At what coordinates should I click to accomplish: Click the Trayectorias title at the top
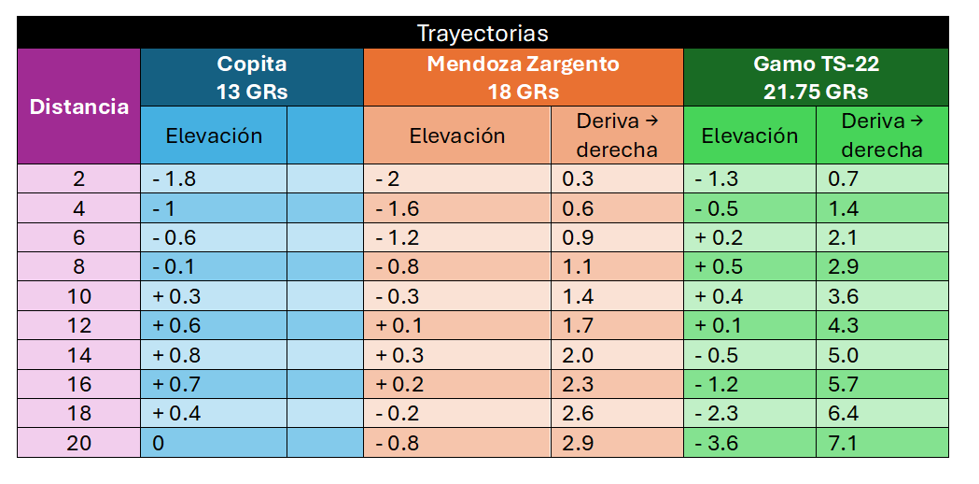[482, 33]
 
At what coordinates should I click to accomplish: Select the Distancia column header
[78, 107]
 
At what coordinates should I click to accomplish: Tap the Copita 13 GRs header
[252, 78]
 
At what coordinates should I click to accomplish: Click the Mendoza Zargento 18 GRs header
[524, 78]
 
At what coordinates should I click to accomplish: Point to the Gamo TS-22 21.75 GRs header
[816, 78]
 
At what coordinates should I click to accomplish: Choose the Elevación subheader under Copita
[214, 135]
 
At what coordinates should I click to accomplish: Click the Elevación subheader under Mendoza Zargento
[457, 135]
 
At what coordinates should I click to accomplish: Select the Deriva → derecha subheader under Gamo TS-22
[882, 135]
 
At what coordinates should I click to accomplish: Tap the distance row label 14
[78, 355]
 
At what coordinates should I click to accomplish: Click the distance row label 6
[78, 238]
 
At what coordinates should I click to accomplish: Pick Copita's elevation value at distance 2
[175, 179]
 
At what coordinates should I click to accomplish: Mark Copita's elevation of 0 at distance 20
[159, 443]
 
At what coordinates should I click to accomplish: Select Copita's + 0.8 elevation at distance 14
[176, 355]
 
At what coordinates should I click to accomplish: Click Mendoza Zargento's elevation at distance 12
[399, 326]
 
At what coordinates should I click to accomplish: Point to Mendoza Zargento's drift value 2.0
[578, 355]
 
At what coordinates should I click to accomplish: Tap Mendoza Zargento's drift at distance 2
[578, 179]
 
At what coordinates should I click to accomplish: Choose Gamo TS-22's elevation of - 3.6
[718, 443]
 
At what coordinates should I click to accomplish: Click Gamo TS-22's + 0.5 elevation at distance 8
[720, 267]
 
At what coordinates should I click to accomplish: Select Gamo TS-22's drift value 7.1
[843, 443]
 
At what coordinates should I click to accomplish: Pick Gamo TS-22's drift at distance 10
[844, 296]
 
